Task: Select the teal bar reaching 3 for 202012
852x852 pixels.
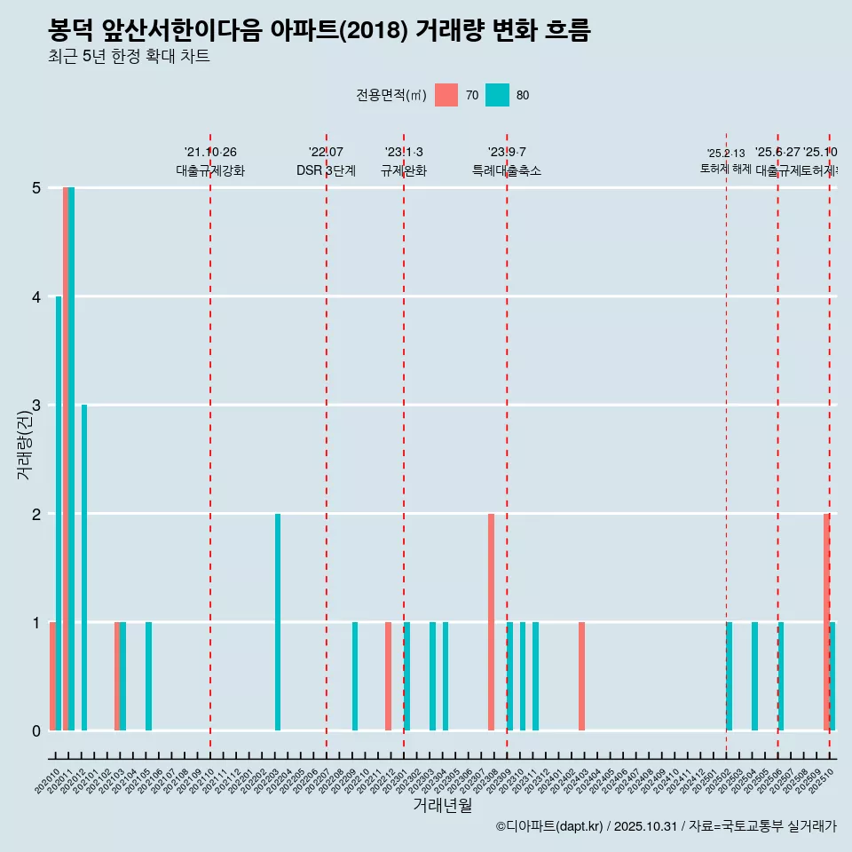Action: (x=84, y=568)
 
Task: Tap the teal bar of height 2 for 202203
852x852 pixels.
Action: (x=278, y=621)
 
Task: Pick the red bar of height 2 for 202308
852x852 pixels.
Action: (x=491, y=621)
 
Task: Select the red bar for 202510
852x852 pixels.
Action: (x=826, y=621)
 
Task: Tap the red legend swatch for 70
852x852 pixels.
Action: (x=446, y=95)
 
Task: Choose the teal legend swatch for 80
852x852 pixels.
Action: (x=498, y=95)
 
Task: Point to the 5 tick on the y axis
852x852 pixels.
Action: (x=36, y=188)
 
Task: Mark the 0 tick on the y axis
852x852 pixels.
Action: (x=36, y=731)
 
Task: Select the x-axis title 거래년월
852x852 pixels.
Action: (x=442, y=805)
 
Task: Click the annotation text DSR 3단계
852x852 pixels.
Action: (x=327, y=170)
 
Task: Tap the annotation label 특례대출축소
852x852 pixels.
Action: (x=507, y=170)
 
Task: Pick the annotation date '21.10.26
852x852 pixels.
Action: (x=210, y=153)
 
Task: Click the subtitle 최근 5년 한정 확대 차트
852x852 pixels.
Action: (x=129, y=57)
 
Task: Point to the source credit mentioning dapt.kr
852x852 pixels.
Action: (x=666, y=826)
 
